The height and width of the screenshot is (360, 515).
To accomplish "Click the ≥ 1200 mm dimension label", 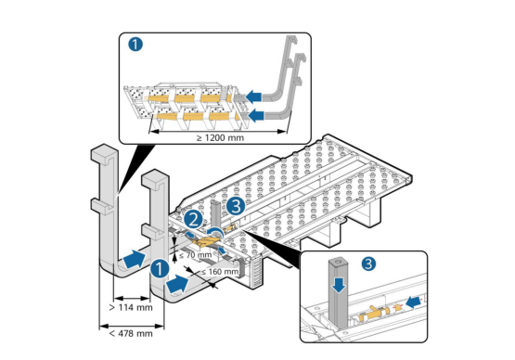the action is (x=221, y=137).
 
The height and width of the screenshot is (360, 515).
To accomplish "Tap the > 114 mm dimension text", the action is (x=131, y=307).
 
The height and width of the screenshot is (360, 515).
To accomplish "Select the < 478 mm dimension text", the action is (x=131, y=333).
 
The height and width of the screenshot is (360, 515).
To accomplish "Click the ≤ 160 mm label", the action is (x=219, y=272).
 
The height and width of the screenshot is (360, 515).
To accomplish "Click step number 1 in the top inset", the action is (x=135, y=45).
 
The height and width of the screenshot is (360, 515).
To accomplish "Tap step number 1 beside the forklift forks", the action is (x=160, y=269).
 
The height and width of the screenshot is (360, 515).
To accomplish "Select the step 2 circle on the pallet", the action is (x=193, y=219).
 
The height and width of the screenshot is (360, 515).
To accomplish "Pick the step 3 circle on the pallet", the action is (x=236, y=206).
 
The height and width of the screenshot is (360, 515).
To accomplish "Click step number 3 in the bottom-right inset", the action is (x=368, y=264).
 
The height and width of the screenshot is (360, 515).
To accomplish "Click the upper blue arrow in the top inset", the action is (x=253, y=97).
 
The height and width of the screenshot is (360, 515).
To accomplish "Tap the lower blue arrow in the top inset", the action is (x=256, y=115).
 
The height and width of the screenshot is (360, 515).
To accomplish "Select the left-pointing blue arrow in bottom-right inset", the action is (x=414, y=301).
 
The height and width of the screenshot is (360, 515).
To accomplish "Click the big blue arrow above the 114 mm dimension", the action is (x=134, y=259).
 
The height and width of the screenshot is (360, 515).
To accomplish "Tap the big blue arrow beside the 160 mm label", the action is (x=177, y=284).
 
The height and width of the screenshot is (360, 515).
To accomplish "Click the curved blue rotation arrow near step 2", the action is (x=216, y=231).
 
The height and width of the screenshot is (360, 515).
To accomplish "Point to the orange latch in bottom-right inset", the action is (x=375, y=315).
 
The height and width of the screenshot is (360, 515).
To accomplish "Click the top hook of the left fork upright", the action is (x=104, y=154).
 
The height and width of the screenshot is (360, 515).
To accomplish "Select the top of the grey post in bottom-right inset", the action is (x=339, y=263).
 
